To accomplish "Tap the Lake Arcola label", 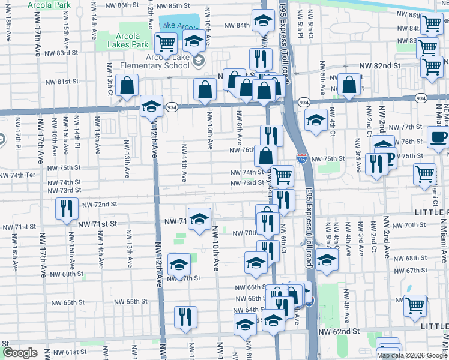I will (179, 27).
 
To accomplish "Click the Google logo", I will (20, 353).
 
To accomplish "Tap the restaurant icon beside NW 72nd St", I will (66, 208).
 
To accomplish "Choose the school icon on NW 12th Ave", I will (151, 107).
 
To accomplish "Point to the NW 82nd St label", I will (379, 65).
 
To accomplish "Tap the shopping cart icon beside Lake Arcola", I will (166, 43).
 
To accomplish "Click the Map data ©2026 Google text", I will (412, 355).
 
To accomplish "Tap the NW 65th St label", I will (130, 302).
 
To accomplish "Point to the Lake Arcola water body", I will (179, 23).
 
